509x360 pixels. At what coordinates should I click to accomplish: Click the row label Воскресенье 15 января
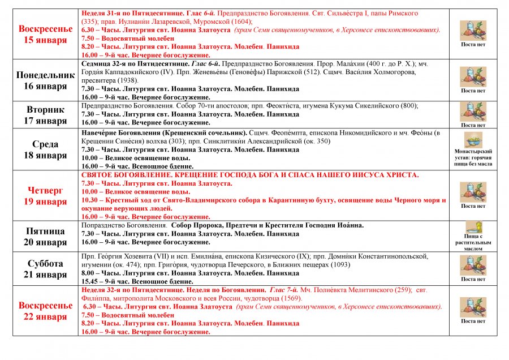click(45, 34)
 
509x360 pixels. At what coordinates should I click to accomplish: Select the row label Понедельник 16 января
click(45, 80)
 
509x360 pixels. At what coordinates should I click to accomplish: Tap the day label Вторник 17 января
click(45, 115)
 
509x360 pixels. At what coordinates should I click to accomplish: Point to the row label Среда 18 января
click(45, 149)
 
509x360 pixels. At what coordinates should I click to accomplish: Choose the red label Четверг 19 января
click(45, 195)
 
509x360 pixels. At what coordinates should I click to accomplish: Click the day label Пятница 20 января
click(45, 236)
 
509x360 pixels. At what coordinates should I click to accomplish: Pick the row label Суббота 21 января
click(45, 269)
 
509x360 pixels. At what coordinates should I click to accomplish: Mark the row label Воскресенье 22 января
click(45, 311)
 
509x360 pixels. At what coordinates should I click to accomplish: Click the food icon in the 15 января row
click(473, 29)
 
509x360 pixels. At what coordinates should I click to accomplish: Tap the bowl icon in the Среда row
click(473, 139)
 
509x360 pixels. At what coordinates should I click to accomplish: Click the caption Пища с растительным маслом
click(473, 243)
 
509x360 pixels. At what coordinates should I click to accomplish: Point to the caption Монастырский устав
click(473, 157)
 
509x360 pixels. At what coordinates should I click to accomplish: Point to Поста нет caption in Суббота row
click(473, 279)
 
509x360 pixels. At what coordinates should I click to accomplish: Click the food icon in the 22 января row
click(473, 306)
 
